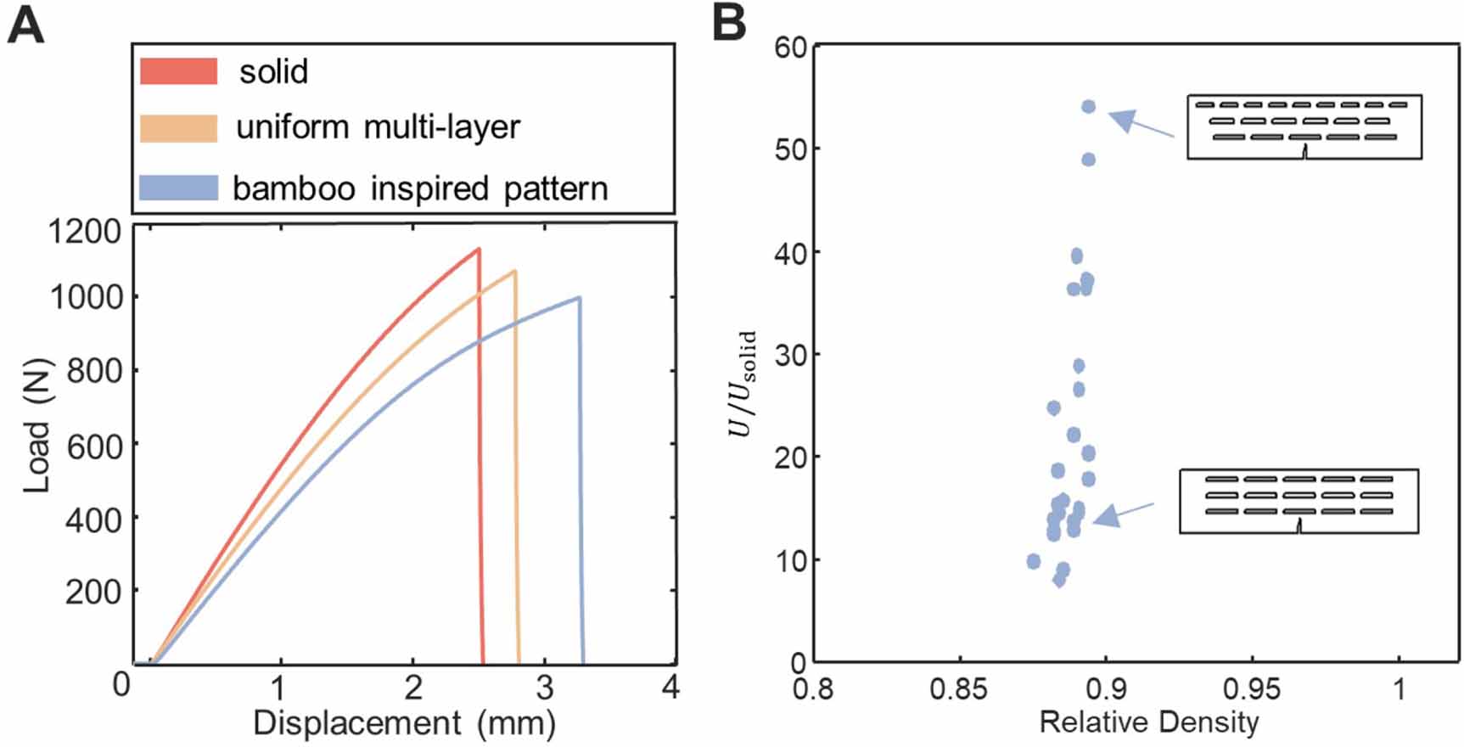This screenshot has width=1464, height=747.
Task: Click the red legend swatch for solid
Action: [178, 71]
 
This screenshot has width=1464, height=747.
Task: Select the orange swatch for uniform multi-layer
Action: [178, 127]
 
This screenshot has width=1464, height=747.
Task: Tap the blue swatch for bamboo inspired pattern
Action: [178, 188]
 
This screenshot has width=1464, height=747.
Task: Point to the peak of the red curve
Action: [479, 249]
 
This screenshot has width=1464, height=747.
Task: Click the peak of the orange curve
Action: [514, 271]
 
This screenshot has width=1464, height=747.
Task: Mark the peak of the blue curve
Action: [579, 297]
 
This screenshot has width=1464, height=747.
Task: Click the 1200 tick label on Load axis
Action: [84, 231]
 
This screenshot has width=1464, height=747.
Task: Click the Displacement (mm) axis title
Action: [404, 723]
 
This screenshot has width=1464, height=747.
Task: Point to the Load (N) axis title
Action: [36, 424]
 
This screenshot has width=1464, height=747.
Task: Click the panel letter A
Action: [25, 25]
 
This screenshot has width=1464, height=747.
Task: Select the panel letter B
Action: [728, 24]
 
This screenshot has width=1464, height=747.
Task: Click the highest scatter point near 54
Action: [1088, 107]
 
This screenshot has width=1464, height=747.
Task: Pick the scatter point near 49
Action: [1088, 160]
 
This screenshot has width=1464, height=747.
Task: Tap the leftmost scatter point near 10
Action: [1033, 561]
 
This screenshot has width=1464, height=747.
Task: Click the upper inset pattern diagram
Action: [1304, 126]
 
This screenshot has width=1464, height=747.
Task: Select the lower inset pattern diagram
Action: [1299, 501]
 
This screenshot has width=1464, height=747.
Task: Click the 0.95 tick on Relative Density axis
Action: [1252, 688]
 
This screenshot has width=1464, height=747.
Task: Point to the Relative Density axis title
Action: [1148, 722]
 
